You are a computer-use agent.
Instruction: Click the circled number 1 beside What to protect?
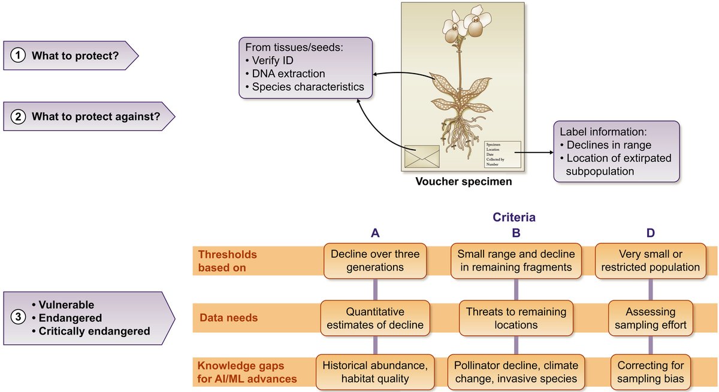tap(19, 56)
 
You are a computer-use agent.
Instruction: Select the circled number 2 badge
tap(19, 116)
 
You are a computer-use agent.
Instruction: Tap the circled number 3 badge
tap(19, 318)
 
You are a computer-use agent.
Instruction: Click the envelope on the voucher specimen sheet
tap(422, 156)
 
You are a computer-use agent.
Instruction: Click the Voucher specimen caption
tap(464, 181)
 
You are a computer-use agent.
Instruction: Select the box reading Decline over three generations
tap(375, 260)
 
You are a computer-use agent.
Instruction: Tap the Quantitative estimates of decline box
tap(375, 318)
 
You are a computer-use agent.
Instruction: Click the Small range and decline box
tap(515, 260)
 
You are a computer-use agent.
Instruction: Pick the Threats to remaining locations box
tap(515, 318)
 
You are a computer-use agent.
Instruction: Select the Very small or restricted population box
tap(651, 260)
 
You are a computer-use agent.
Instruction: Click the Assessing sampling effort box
tap(651, 318)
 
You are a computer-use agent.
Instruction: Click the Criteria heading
tap(514, 218)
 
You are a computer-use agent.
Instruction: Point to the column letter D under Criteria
tap(650, 233)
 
